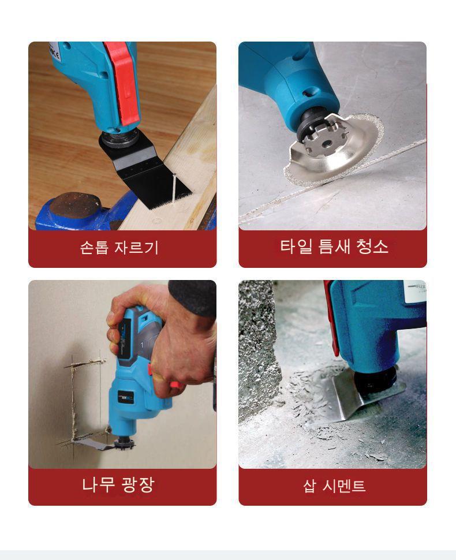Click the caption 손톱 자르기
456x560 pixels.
119,248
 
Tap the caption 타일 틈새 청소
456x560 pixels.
334,247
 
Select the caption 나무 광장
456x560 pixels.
118,484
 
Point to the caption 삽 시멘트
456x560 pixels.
334,486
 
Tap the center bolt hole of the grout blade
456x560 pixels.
326,144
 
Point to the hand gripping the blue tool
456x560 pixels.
168,343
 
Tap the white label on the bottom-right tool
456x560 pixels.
414,292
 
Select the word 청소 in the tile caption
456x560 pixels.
372,247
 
